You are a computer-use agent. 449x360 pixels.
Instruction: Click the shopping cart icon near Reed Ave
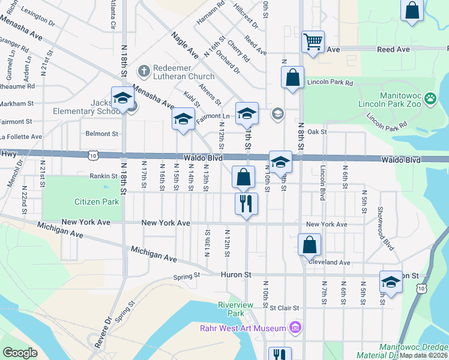313,41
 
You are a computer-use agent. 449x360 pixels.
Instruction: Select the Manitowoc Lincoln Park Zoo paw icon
430,98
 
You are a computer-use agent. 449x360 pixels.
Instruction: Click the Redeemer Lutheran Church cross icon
143,71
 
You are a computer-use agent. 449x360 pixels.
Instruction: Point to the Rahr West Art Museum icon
295,328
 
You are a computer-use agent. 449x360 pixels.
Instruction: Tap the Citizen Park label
97,202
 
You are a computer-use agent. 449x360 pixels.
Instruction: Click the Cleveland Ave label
328,262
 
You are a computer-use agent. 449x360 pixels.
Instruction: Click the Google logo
20,352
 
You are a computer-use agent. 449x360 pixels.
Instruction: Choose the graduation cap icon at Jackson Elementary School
122,97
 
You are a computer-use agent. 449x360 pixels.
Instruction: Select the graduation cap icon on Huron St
390,282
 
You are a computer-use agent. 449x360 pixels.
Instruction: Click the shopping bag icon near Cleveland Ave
309,244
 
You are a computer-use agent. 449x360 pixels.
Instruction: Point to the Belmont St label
101,134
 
